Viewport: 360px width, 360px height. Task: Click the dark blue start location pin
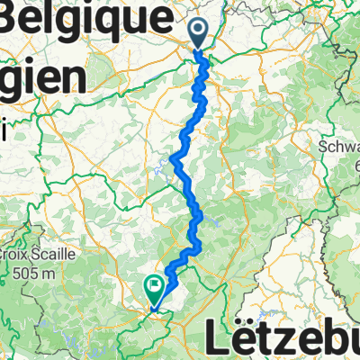point(198,33)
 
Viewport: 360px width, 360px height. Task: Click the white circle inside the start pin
point(198,30)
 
